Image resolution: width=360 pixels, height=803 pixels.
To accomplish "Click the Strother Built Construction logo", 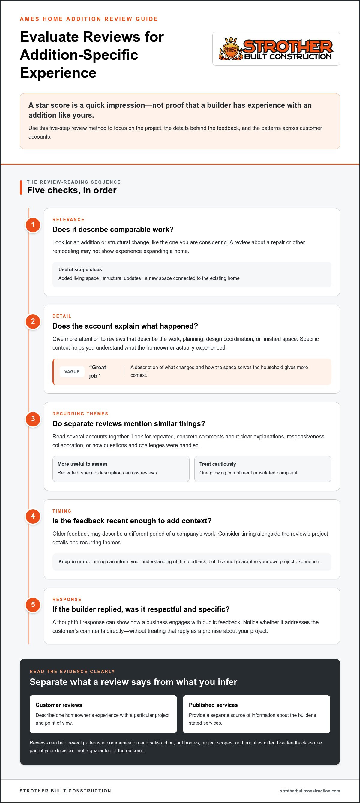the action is pos(276,49).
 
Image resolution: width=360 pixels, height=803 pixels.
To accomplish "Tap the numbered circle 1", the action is pos(33,225).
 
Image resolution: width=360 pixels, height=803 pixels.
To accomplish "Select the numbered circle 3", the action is pos(33,419).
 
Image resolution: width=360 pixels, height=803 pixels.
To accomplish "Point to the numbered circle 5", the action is pos(33,605).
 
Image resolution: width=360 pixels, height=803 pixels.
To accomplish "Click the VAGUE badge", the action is pos(72,371).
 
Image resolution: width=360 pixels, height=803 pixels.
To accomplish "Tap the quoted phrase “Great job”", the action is pos(97,371).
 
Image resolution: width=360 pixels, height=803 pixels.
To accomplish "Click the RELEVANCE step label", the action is pos(69,220).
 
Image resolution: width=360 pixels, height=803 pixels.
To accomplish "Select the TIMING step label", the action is pos(62,511).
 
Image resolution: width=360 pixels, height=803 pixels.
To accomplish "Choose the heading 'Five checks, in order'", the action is pos(72,190).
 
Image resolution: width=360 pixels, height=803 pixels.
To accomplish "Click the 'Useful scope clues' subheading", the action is pos(80,270).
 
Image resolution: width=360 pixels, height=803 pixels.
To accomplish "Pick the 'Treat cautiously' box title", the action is pos(217,464).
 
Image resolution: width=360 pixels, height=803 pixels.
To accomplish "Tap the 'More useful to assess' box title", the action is pos(82,464).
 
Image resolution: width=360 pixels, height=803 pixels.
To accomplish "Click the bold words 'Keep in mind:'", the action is pos(74,561).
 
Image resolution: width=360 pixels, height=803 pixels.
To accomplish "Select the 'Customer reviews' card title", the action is pos(59,705).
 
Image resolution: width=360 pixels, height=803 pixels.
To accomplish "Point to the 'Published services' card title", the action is pos(213,705).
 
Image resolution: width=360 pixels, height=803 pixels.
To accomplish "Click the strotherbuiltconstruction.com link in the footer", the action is pos(310,791).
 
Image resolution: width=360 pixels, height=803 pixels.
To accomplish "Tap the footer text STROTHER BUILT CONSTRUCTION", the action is pos(65,791).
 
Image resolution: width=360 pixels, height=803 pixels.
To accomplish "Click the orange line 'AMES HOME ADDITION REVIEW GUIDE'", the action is pos(89,19).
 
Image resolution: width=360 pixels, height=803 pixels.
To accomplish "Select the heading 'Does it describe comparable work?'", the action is pos(113,230).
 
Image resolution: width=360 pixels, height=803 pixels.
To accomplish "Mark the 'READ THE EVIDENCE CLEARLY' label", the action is pos(72,672).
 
